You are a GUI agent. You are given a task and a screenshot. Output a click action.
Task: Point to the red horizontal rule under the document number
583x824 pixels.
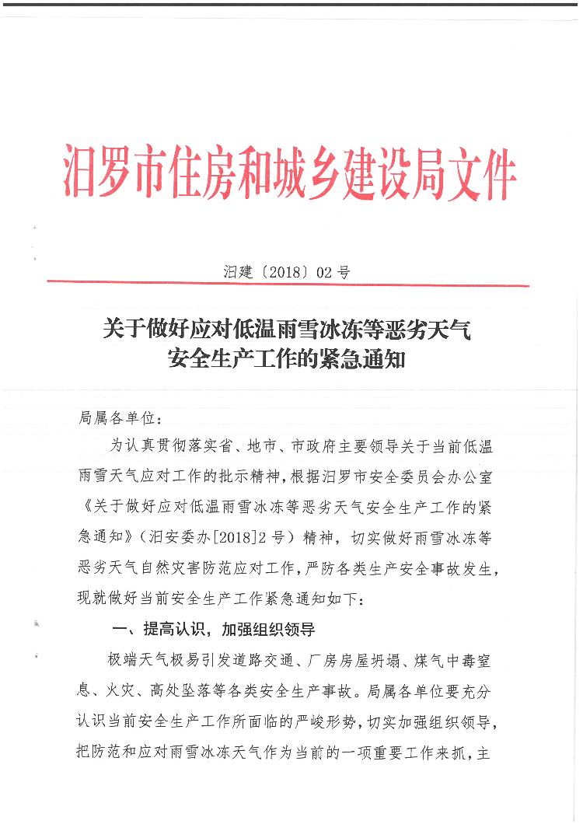point(288,285)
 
